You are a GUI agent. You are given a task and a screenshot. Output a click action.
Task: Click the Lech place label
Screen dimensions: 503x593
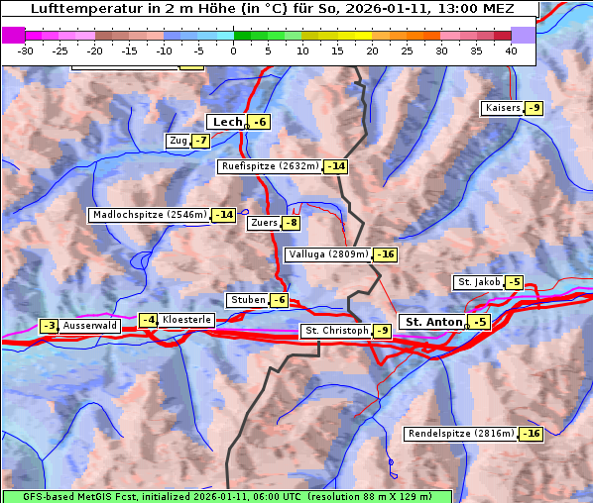[x=227, y=122]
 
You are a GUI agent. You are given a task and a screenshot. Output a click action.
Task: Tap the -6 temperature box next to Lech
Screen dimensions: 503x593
[x=260, y=122]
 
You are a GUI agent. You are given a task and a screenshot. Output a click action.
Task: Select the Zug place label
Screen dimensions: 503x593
[x=178, y=141]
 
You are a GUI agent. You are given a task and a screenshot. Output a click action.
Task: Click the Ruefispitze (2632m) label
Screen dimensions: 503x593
[x=270, y=166]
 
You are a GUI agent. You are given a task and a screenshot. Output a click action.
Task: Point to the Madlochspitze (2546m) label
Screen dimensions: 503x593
[x=149, y=215]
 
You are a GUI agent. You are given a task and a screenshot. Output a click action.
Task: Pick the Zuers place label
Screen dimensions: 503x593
[x=263, y=223]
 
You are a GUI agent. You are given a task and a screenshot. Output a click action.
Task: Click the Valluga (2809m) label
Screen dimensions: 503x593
[x=327, y=254]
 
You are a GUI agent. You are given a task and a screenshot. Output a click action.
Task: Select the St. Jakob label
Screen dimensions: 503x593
[x=478, y=282]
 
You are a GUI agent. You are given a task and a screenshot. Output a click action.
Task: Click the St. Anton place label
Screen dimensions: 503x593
[x=433, y=322]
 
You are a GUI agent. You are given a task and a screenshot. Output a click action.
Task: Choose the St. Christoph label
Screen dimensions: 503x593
[x=335, y=331]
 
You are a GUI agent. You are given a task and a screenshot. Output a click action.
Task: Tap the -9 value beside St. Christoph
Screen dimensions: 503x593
[x=382, y=331]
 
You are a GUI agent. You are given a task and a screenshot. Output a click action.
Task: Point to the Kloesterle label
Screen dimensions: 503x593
[x=185, y=320]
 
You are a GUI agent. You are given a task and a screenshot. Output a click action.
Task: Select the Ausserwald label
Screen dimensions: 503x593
[x=90, y=325]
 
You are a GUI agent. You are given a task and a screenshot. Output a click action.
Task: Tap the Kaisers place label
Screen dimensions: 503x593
[x=501, y=108]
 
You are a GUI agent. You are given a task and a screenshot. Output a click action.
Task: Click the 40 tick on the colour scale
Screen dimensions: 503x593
[x=511, y=50]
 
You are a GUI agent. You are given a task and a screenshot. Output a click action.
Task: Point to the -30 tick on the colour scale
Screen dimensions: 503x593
[x=26, y=50]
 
